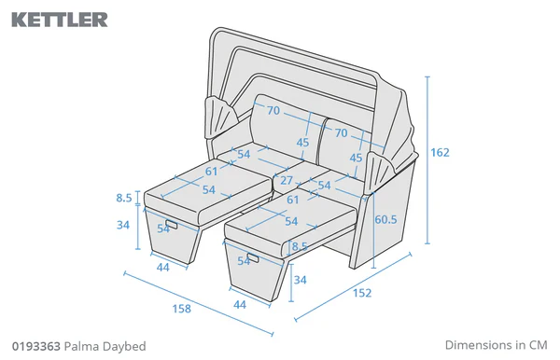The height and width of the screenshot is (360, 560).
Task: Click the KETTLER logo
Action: [60, 19]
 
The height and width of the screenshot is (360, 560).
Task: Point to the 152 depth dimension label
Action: [362, 293]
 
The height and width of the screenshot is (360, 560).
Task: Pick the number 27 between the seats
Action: [287, 180]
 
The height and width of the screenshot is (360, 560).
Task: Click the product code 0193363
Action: [36, 345]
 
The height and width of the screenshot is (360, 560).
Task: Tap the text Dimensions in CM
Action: [495, 344]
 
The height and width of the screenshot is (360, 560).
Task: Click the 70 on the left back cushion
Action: [273, 111]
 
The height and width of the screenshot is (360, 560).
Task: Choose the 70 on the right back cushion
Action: [342, 133]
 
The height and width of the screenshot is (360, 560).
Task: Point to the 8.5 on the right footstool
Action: [299, 246]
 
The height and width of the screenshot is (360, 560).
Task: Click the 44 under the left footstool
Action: [162, 267]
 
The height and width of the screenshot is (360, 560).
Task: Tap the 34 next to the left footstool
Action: [124, 224]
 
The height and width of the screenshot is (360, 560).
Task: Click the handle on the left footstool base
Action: [172, 222]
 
